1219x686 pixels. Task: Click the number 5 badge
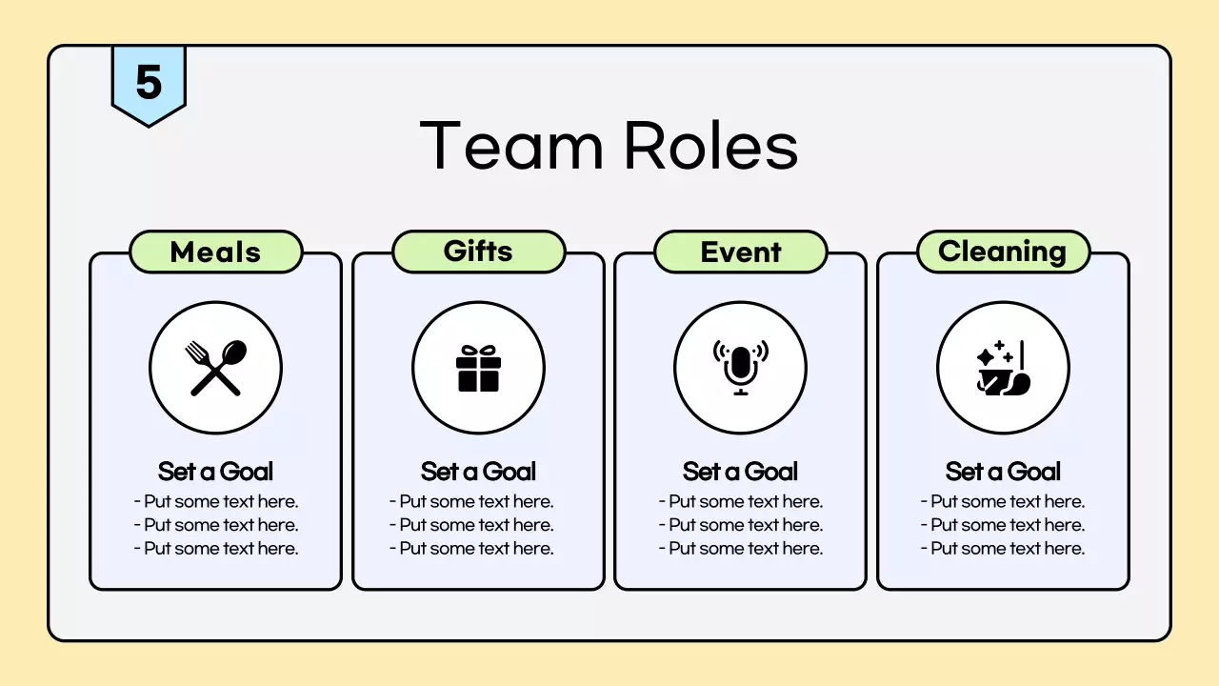149,83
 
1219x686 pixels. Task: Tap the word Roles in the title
710,146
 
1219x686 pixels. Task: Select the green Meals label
215,252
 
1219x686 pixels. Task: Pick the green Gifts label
478,252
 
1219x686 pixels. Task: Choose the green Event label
740,252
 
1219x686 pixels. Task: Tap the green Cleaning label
1002,252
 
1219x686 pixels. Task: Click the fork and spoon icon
216,368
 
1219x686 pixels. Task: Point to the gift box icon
478,368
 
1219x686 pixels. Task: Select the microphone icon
740,368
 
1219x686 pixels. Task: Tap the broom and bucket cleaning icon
1003,368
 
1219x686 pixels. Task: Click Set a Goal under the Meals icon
216,472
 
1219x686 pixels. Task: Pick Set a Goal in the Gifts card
478,472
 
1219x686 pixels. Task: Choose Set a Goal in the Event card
740,472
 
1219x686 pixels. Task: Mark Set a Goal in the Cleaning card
1003,472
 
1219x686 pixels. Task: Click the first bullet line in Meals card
216,502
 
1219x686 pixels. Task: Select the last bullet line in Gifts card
471,549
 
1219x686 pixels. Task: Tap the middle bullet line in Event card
741,525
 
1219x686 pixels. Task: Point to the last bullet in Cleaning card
1003,549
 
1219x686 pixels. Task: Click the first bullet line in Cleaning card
1003,502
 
